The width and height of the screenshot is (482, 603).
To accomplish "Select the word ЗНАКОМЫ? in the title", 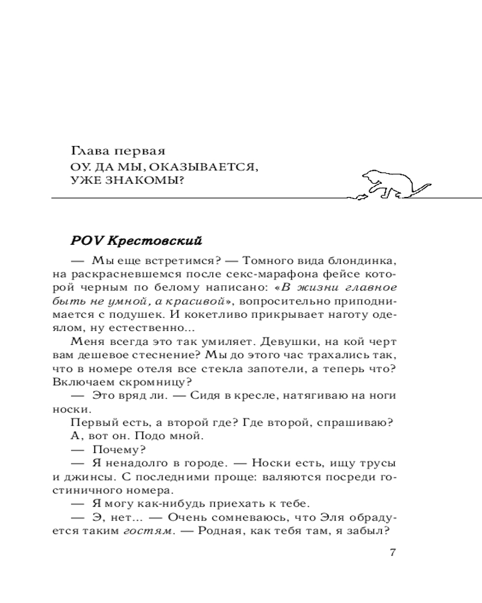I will (153, 180).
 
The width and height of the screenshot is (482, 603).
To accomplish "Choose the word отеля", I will (160, 368).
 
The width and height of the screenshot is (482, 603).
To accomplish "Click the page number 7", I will (392, 554).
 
